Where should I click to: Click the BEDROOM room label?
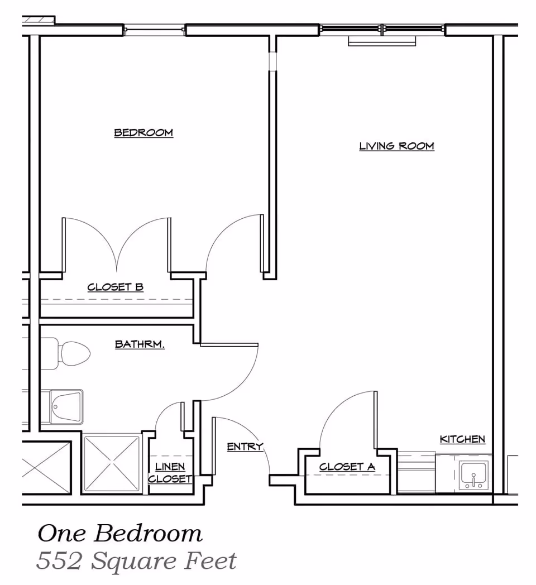143,133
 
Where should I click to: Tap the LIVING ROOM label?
396,146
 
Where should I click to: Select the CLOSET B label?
116,287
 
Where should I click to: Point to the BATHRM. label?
140,344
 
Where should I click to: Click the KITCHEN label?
462,439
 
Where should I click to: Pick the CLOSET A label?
347,467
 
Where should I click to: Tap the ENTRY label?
245,447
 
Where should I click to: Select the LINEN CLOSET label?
170,473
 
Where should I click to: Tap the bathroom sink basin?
66,406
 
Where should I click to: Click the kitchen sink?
473,476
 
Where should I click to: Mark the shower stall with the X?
112,464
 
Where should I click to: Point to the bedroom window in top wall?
154,29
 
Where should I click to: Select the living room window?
382,29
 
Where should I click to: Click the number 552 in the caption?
58,560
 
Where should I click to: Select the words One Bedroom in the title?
119,534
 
